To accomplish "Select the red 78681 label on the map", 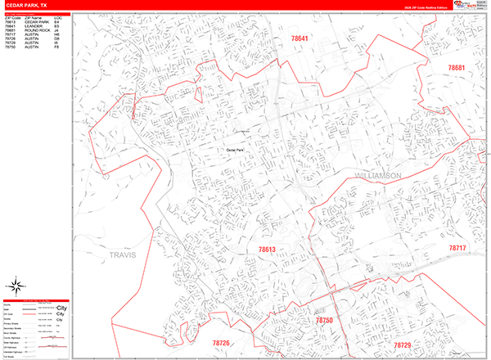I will tap(456, 68).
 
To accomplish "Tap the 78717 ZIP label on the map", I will tap(457, 247).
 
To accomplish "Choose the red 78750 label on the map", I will tap(326, 321).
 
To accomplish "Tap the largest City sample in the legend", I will tap(61, 308).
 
